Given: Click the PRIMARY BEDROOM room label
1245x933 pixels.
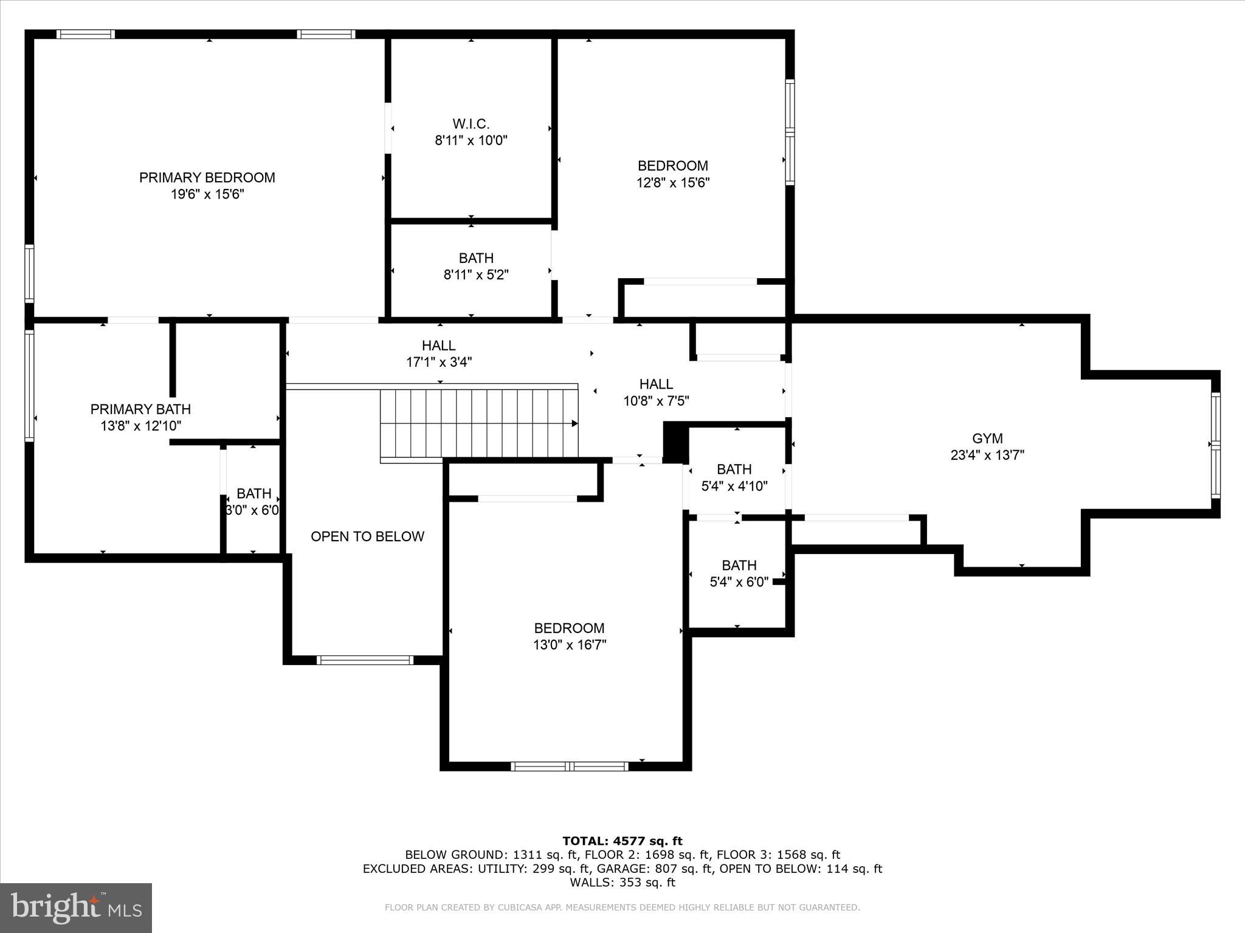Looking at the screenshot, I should click(x=207, y=177).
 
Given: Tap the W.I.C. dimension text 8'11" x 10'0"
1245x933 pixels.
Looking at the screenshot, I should click(x=471, y=141).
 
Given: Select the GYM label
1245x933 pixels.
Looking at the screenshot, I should click(x=987, y=439).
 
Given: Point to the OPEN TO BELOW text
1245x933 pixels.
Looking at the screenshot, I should click(x=367, y=536).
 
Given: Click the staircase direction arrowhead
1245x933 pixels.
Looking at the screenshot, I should click(x=574, y=423).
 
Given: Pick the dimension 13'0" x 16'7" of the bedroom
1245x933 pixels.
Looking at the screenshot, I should click(x=570, y=644).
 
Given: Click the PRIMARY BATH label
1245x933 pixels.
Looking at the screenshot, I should click(x=140, y=409).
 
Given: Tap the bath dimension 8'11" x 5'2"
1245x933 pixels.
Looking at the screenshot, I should click(x=476, y=275).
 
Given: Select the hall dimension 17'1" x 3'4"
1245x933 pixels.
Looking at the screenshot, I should click(x=439, y=362).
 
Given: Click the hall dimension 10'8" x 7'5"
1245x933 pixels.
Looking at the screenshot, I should click(x=656, y=401).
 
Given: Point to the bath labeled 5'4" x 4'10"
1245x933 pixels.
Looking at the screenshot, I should click(x=734, y=477).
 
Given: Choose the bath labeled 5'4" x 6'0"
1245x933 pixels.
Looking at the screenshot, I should click(x=739, y=573).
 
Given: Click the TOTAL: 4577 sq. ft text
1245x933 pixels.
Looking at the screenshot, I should click(x=622, y=841).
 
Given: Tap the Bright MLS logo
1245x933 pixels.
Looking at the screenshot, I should click(x=76, y=907).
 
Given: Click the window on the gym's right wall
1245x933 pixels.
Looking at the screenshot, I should click(x=1215, y=445).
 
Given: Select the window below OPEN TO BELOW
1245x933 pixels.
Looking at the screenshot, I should click(x=365, y=660).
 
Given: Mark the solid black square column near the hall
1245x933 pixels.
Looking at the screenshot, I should click(x=674, y=443).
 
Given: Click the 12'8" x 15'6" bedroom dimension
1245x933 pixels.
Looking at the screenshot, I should click(x=673, y=182).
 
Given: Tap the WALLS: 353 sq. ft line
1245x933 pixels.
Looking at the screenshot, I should click(x=622, y=883).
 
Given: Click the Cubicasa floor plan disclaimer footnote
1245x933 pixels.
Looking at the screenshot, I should click(x=622, y=907).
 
